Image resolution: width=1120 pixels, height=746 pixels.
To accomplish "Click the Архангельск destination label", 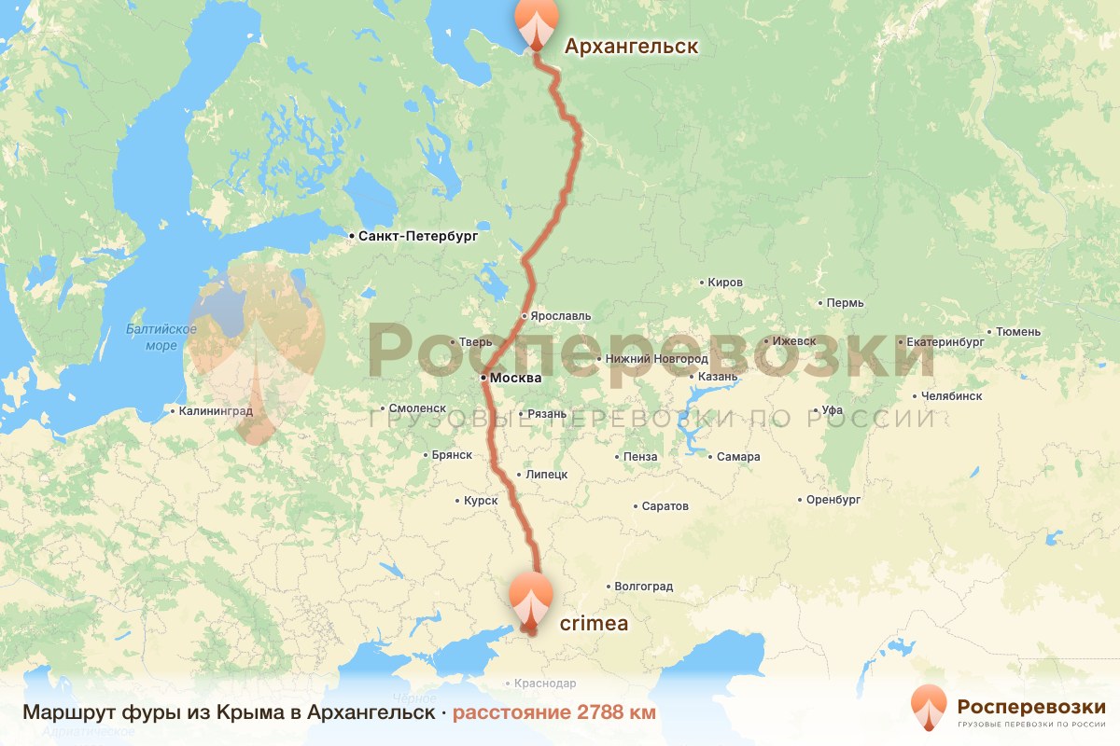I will [630, 47].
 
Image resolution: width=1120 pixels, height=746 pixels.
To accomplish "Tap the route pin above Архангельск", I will [535, 21].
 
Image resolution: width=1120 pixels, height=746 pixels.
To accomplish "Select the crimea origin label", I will [594, 623].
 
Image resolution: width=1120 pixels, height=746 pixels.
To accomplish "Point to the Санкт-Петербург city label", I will [418, 237].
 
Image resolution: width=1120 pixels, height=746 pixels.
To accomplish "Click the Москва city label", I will [515, 379].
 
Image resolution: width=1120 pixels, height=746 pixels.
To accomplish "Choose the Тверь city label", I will [475, 342].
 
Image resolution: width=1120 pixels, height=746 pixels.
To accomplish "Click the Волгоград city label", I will [643, 587].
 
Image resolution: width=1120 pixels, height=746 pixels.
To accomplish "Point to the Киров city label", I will [725, 283].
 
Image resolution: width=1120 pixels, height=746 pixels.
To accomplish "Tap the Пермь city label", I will [846, 303].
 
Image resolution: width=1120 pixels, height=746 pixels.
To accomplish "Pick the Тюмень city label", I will [1018, 331].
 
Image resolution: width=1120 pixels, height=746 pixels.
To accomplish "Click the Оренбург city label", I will [833, 500].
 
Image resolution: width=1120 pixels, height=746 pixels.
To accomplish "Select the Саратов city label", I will [665, 506].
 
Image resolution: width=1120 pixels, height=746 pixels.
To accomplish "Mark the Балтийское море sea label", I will [161, 337].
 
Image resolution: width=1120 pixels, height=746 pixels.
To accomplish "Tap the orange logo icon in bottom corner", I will [928, 708].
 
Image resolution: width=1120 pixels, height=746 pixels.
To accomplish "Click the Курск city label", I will [481, 501].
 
